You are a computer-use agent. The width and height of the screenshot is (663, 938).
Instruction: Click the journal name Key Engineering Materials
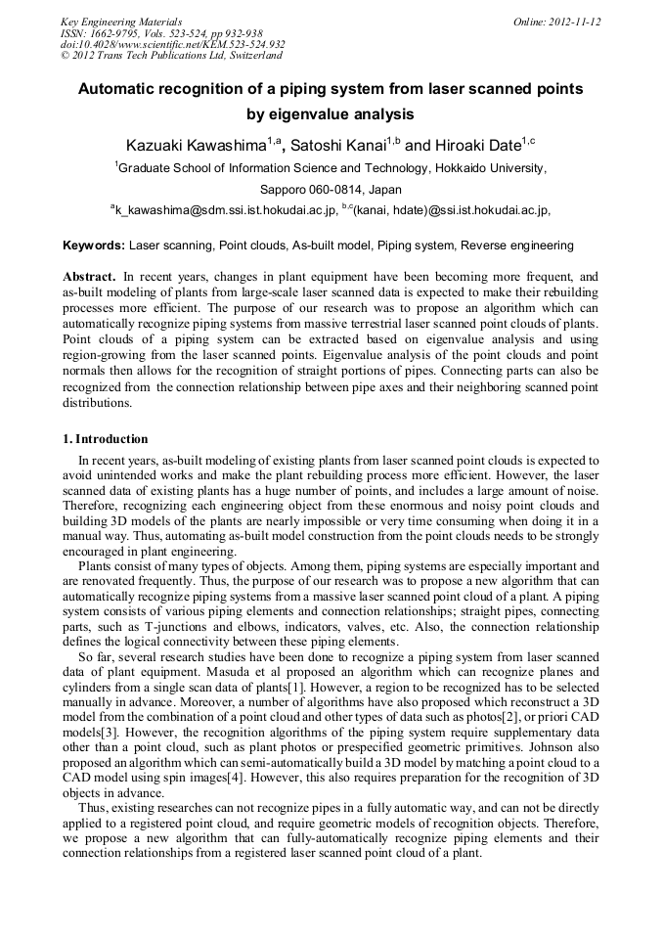pos(121,21)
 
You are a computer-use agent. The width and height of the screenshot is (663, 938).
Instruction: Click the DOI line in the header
pos(173,44)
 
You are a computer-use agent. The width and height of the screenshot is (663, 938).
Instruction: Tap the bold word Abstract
pos(89,277)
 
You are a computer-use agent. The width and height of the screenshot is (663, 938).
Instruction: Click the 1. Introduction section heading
pos(106,439)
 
